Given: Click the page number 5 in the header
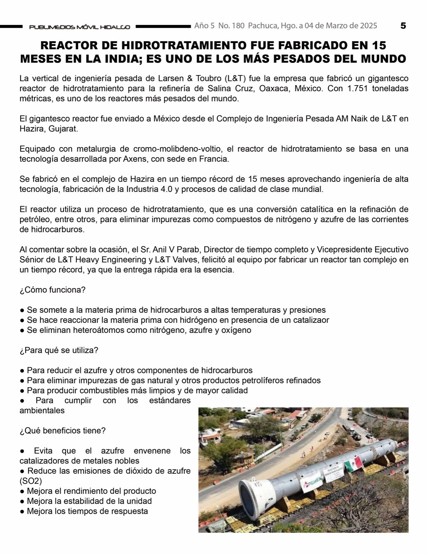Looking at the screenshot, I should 403,26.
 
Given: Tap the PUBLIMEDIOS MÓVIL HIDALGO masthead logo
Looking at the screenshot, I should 79,27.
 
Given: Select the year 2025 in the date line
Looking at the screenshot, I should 368,26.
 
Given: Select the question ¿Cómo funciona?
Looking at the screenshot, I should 52,290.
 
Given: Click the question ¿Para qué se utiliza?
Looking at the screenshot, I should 59,350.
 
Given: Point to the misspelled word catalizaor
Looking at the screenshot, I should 311,320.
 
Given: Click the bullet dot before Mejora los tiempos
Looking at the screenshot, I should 22,511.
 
